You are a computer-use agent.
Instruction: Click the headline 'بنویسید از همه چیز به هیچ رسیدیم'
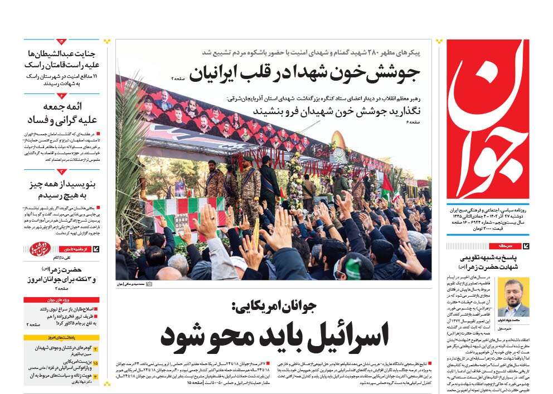tap(61, 190)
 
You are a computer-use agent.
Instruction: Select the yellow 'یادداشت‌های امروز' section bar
tap(62, 337)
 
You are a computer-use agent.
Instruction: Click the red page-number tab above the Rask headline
tap(61, 42)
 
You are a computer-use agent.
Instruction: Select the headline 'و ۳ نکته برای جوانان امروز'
tap(61, 279)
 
